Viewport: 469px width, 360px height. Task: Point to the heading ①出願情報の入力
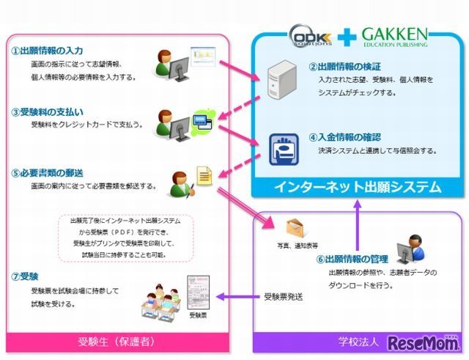click(x=46, y=52)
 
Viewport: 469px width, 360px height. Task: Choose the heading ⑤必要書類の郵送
click(x=47, y=173)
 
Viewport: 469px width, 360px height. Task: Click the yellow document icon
click(x=203, y=175)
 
